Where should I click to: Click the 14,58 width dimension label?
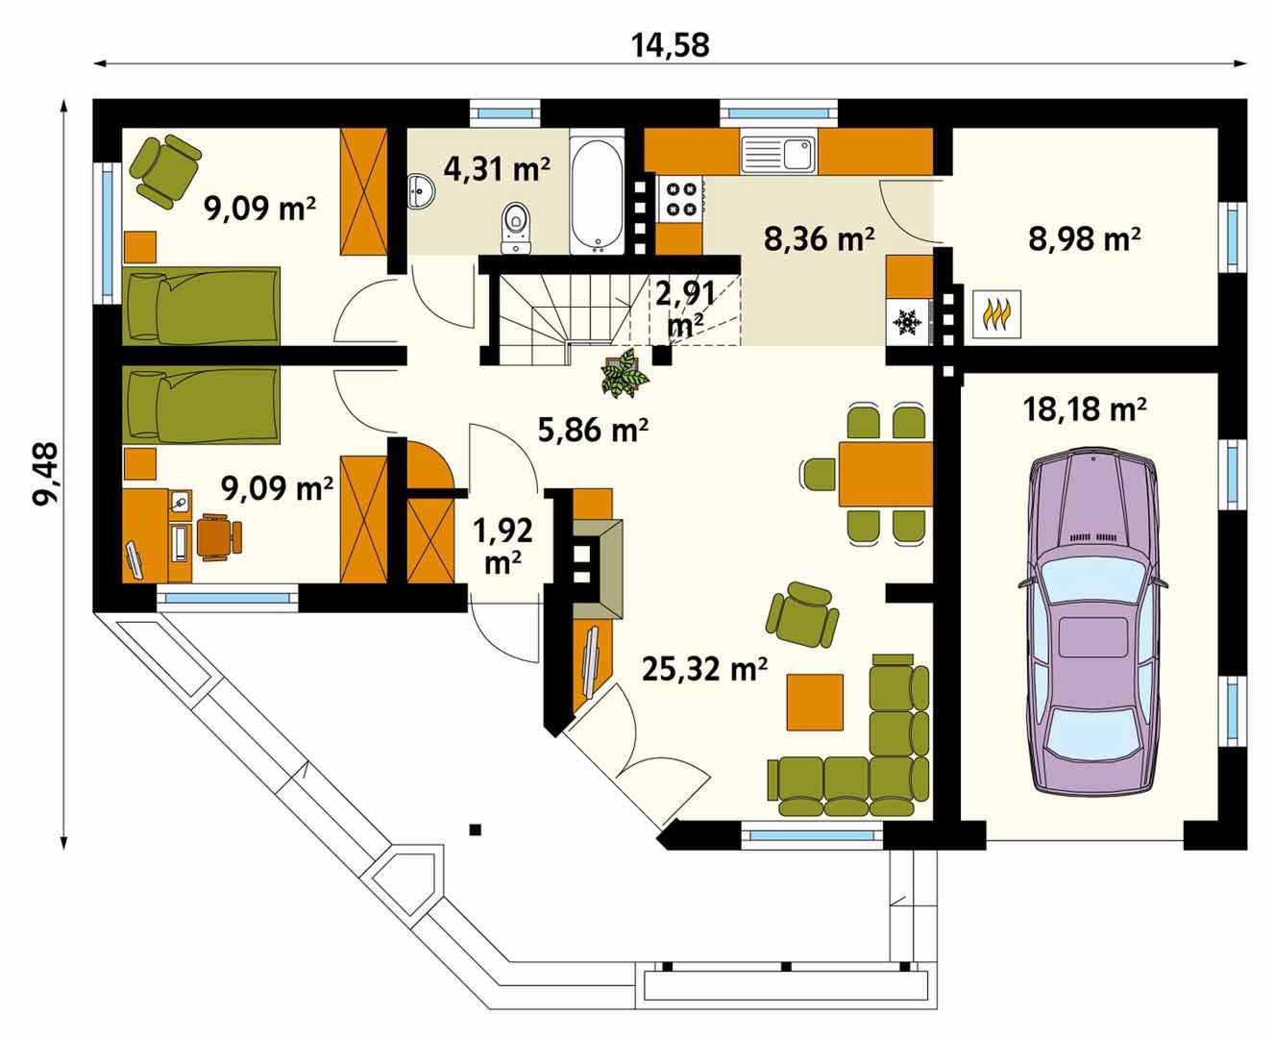[671, 45]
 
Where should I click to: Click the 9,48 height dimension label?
[45, 474]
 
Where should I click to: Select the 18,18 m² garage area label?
[1085, 409]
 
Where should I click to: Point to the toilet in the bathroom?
[515, 228]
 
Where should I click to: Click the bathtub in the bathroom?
[597, 194]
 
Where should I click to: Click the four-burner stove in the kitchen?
[680, 199]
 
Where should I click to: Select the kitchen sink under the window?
[778, 154]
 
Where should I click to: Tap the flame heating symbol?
[996, 314]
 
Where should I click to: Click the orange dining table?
[885, 475]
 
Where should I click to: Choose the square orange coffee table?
[815, 703]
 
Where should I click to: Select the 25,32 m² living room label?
[704, 668]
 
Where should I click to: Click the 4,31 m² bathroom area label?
[497, 169]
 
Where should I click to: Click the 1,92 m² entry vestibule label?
[503, 546]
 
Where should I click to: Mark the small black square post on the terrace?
[476, 829]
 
